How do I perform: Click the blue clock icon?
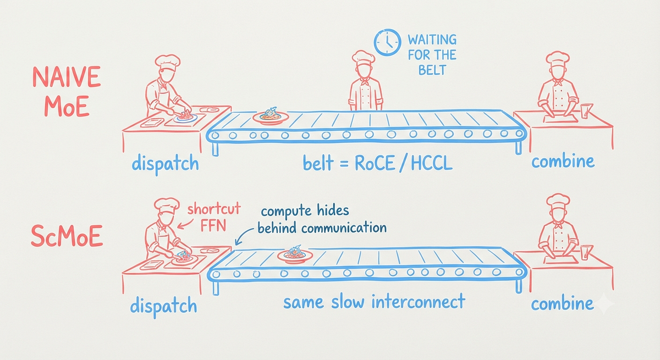pyautogui.click(x=387, y=42)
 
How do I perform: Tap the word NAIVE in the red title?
pyautogui.click(x=67, y=77)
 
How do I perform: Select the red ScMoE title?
pyautogui.click(x=67, y=236)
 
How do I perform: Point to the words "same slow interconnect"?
pyautogui.click(x=374, y=301)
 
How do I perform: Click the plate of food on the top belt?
pyautogui.click(x=271, y=116)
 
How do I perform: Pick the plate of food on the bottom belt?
pyautogui.click(x=295, y=254)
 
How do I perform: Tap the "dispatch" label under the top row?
pyautogui.click(x=166, y=164)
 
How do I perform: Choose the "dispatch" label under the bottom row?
pyautogui.click(x=163, y=307)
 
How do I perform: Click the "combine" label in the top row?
pyautogui.click(x=563, y=161)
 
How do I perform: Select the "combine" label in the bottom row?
pyautogui.click(x=562, y=304)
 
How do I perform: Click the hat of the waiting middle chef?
pyautogui.click(x=364, y=57)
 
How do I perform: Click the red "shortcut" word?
pyautogui.click(x=214, y=209)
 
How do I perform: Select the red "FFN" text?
pyautogui.click(x=213, y=225)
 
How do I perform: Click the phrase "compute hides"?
pyautogui.click(x=305, y=211)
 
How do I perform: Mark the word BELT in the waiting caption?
pyautogui.click(x=432, y=70)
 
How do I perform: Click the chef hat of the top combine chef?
pyautogui.click(x=557, y=57)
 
